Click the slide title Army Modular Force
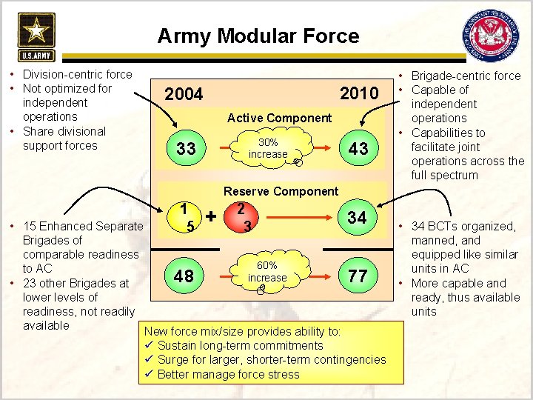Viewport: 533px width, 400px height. click(x=258, y=36)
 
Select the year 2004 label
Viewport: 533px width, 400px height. click(x=184, y=95)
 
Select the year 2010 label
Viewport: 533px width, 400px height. click(x=358, y=93)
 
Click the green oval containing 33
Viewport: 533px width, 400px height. click(x=186, y=149)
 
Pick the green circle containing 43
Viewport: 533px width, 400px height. click(x=358, y=149)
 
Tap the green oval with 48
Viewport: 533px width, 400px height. click(x=184, y=276)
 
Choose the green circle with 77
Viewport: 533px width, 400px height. click(x=358, y=276)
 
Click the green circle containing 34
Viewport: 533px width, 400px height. click(x=357, y=218)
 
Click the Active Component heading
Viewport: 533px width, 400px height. click(x=279, y=118)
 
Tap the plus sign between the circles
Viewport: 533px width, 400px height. click(x=212, y=217)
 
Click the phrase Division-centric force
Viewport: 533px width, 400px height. click(x=77, y=74)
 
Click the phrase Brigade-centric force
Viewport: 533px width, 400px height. click(x=466, y=76)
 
